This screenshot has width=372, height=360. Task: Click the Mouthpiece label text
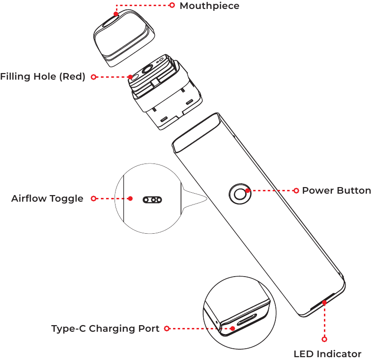(209, 6)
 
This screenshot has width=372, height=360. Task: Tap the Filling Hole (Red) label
(43, 77)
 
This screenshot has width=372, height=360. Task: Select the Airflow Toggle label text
(47, 198)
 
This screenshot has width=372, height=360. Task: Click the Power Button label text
(337, 190)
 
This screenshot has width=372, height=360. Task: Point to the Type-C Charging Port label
(105, 328)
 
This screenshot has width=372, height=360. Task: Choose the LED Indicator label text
(327, 354)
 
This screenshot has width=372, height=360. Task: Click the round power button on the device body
(240, 194)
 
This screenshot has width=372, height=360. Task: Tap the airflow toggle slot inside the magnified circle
(152, 200)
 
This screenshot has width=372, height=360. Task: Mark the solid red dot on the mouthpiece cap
(116, 14)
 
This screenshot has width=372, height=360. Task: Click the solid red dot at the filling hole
(130, 77)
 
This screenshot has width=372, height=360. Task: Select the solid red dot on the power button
(248, 190)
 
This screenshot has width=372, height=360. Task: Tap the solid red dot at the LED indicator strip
(324, 303)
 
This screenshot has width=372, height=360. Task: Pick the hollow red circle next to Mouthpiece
(172, 5)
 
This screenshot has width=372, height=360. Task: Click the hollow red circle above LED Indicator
(324, 339)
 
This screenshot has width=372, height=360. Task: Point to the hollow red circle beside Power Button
(296, 190)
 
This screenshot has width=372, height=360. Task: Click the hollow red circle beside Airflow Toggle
(94, 198)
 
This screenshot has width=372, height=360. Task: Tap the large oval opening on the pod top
(147, 69)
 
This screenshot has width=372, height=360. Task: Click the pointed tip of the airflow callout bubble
(207, 199)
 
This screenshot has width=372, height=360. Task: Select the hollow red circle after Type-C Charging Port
(167, 328)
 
